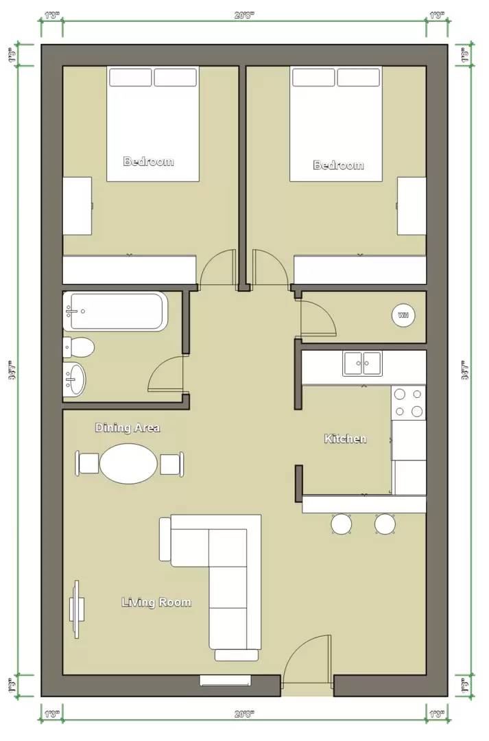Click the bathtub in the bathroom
(115, 311)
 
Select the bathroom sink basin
(75, 379)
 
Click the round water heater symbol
(403, 316)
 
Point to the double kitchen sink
(363, 364)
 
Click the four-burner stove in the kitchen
(408, 403)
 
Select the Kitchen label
(345, 438)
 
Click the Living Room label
(156, 602)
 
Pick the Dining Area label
(128, 427)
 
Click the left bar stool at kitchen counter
(342, 524)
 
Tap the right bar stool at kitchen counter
(385, 524)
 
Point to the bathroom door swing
(167, 375)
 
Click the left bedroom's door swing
(218, 269)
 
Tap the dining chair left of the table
(88, 464)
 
